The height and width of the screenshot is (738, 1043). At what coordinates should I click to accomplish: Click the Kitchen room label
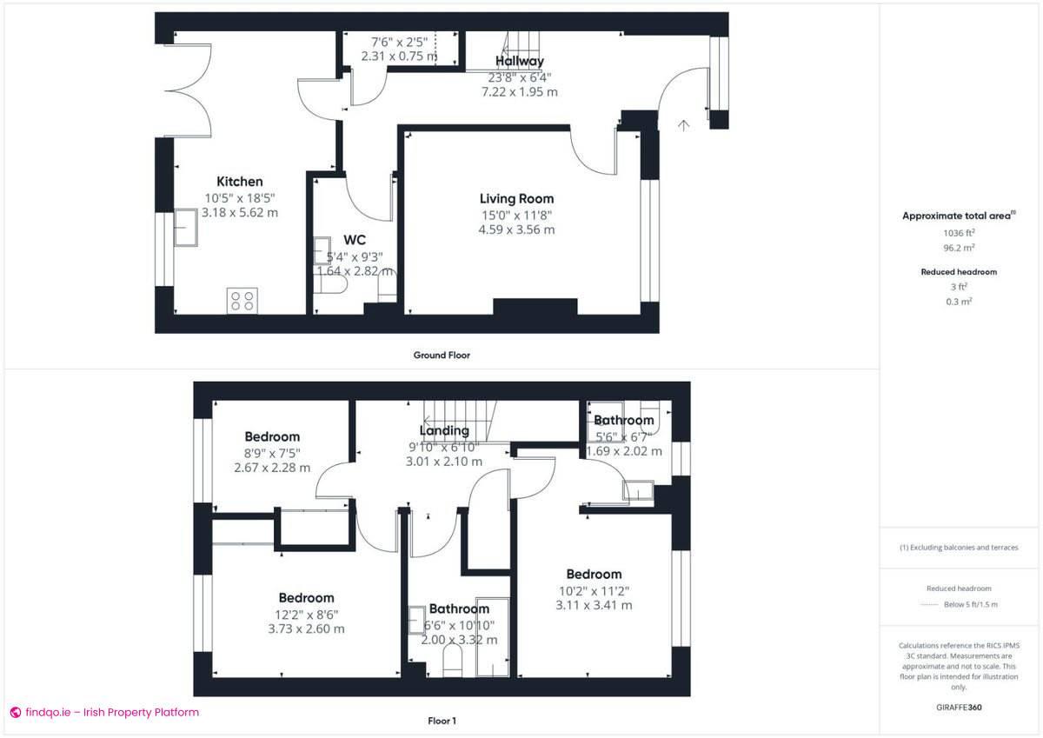click(239, 182)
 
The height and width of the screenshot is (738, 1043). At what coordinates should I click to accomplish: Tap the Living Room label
click(516, 199)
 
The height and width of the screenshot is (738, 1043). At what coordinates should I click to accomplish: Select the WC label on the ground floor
click(355, 239)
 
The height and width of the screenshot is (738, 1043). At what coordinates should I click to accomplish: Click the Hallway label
click(520, 61)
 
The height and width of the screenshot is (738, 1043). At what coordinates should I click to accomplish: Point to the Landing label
click(444, 430)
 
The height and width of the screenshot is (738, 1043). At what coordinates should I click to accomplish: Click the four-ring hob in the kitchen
click(242, 301)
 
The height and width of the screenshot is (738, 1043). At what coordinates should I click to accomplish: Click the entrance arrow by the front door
click(683, 125)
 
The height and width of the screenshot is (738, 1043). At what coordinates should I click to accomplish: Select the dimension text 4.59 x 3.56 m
click(516, 230)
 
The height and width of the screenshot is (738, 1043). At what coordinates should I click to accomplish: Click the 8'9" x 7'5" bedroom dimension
click(272, 452)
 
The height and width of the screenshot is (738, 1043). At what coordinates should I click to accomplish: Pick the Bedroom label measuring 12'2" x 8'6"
click(306, 598)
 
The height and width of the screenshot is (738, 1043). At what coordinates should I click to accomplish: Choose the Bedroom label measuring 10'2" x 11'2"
click(594, 575)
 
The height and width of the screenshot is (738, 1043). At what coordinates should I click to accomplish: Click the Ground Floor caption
click(442, 355)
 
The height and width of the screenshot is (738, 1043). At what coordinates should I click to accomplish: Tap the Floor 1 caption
click(442, 721)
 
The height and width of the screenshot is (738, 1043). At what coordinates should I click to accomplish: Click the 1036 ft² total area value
click(959, 233)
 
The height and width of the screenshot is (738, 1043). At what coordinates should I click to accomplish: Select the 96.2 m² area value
click(959, 248)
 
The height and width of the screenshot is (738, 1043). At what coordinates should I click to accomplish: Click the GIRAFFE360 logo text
click(960, 708)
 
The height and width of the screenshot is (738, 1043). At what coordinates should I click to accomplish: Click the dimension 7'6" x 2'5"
click(397, 42)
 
